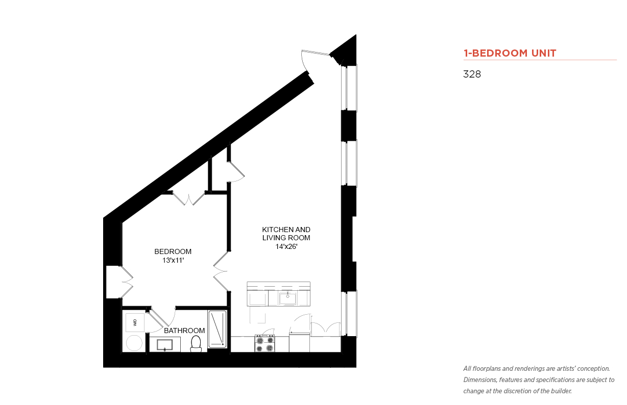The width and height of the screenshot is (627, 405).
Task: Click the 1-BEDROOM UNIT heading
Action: point(510,53)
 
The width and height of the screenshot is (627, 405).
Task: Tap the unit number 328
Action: point(472,74)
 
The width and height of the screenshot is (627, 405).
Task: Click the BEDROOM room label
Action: point(173,251)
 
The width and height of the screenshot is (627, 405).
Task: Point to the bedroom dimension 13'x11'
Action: point(173,261)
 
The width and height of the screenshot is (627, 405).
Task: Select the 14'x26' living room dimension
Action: point(286,246)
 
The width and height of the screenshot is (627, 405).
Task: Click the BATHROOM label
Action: point(184,331)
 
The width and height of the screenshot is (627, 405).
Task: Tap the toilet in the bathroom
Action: point(196,343)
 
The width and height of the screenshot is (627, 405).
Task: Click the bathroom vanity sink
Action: point(164,345)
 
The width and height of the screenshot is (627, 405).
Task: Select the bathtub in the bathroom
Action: point(217,329)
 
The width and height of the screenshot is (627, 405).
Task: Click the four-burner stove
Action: point(264,343)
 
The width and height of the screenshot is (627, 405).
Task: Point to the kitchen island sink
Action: point(287,298)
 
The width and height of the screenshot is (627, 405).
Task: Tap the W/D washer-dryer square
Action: point(135,322)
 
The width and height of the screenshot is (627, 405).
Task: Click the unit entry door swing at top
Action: point(311,60)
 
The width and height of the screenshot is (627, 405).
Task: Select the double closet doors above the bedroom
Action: point(189,199)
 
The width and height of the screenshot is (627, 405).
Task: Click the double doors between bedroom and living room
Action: point(221,271)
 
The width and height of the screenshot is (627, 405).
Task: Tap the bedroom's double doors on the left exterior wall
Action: point(127,282)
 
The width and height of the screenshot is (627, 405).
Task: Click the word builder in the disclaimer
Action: point(561,391)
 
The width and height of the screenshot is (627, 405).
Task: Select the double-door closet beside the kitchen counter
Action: point(326,328)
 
